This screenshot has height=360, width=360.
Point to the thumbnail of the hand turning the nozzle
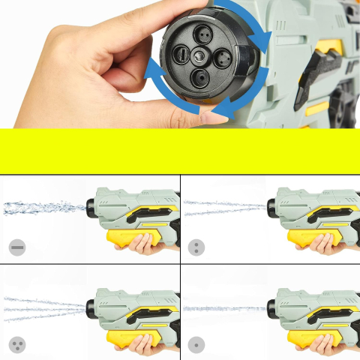click(x=90, y=67)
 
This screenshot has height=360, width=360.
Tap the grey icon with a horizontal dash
click(x=17, y=248)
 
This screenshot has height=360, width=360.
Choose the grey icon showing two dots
click(x=196, y=248)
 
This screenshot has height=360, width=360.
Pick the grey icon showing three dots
click(x=17, y=345)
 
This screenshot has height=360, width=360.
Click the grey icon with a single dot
click(x=196, y=345)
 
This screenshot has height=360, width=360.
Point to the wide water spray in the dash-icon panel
click(x=45, y=207)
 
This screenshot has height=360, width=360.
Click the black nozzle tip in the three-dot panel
click(x=91, y=304)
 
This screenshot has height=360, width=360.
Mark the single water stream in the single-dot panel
click(x=225, y=308)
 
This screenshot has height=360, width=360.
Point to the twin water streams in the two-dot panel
click(x=225, y=208)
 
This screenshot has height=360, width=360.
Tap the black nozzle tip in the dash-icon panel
click(x=91, y=203)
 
